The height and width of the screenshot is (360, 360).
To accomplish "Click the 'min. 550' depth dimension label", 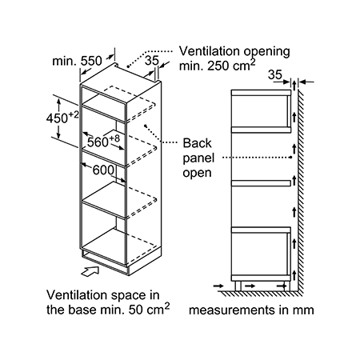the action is (77, 61).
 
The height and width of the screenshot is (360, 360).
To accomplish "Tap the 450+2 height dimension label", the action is (63, 118).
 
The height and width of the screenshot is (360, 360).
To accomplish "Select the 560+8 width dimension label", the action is (103, 141).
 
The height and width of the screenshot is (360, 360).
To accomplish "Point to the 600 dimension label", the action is (103, 170).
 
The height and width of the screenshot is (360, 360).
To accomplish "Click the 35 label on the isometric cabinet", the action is (152, 61).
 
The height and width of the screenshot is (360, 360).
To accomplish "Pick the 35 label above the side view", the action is (275, 74).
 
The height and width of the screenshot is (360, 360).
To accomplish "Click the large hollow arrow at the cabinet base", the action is (90, 271).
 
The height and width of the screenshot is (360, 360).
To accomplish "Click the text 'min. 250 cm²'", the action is (218, 66).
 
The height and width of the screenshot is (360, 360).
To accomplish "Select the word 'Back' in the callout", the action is (197, 143).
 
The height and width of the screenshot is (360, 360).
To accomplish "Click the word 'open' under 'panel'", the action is (197, 173).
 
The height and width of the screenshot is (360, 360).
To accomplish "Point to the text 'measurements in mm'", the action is (251, 310).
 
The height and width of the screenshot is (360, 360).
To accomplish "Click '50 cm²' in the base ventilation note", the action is (149, 309).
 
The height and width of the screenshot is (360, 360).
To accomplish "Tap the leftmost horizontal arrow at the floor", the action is (218, 286).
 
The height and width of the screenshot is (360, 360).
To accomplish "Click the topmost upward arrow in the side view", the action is (294, 86).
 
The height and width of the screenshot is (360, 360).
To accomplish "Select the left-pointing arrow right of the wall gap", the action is (306, 82).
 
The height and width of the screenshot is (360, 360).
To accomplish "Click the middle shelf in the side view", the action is (261, 183).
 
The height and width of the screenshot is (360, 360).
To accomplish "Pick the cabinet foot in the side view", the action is (238, 286).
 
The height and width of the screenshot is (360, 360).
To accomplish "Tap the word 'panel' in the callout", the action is (198, 158).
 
